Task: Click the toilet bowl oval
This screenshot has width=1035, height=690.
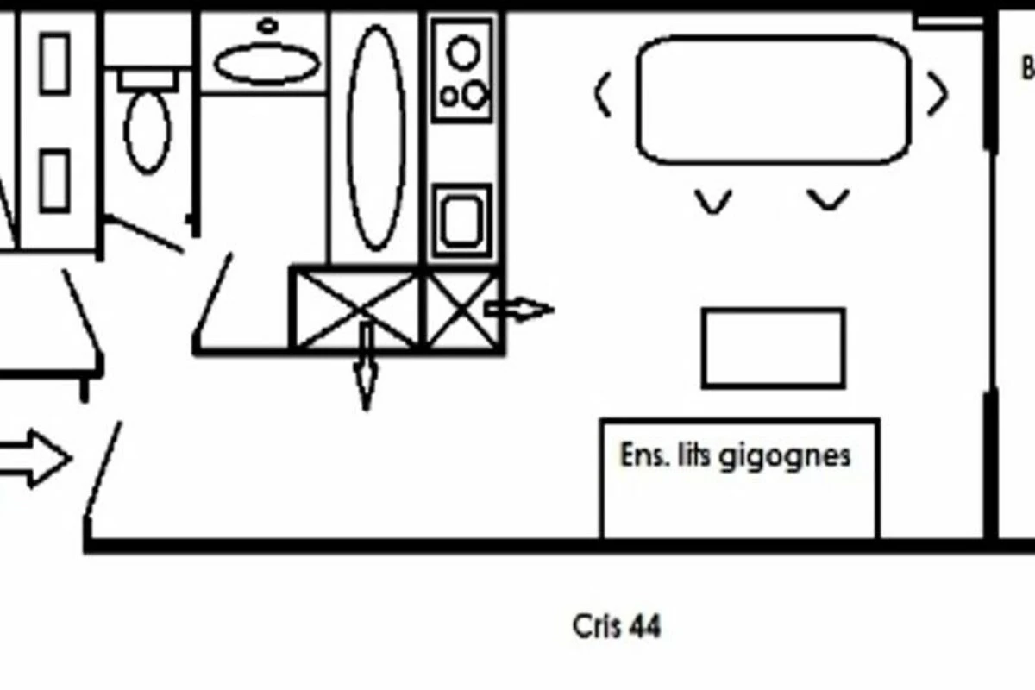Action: (x=147, y=131)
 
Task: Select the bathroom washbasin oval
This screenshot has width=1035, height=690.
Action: (x=267, y=64)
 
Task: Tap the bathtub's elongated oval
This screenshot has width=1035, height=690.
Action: (x=376, y=138)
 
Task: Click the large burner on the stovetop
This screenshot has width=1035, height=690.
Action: (x=464, y=53)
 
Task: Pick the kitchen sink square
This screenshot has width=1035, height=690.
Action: (x=461, y=220)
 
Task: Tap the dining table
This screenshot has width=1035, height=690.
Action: (x=773, y=100)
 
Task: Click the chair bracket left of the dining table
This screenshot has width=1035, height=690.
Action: (x=603, y=95)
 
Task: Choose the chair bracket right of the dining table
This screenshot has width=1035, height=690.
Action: (x=938, y=95)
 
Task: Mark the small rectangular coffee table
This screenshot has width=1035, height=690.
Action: (x=773, y=348)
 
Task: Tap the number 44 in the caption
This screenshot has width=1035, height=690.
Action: (x=644, y=625)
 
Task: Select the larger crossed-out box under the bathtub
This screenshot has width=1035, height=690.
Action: (x=356, y=309)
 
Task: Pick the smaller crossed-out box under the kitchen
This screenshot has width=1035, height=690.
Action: (x=463, y=310)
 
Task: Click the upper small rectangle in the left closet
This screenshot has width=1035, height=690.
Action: (x=55, y=63)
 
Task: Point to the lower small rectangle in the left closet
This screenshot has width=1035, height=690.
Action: (x=55, y=180)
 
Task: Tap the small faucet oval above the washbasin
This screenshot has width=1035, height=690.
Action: (x=268, y=26)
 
